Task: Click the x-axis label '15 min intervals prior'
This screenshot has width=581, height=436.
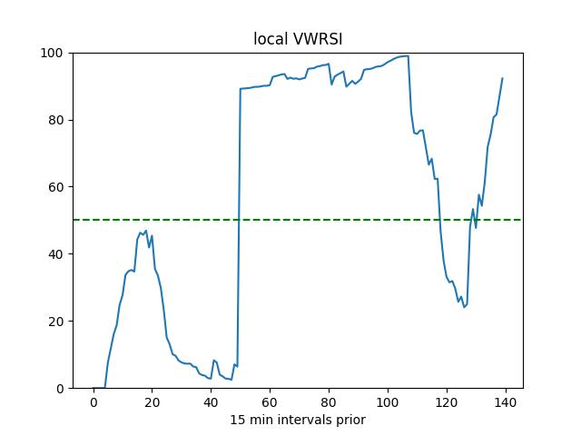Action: pos(297,420)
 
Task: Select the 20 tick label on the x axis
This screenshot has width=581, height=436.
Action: pos(152,402)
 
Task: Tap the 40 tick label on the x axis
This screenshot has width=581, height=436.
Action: pos(211,402)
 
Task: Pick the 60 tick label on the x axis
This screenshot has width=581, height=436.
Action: pos(270,402)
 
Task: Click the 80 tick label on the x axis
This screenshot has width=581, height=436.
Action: pos(329,402)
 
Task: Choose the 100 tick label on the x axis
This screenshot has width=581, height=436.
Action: pos(388,402)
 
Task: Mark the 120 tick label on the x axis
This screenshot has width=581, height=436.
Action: pos(447,402)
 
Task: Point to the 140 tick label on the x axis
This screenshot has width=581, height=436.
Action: pos(505,402)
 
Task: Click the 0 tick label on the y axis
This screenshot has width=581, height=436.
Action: pos(60,389)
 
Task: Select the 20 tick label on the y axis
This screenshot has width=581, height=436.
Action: pos(56,322)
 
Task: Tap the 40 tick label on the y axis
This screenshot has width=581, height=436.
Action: pos(56,254)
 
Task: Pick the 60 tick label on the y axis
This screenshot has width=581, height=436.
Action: pos(56,187)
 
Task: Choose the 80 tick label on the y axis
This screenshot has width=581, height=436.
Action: pos(56,120)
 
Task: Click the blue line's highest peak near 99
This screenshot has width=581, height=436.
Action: pos(405,56)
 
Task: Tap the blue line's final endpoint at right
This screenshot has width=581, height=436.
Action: pos(502,78)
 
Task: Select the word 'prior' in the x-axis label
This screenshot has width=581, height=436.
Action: pos(349,420)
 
